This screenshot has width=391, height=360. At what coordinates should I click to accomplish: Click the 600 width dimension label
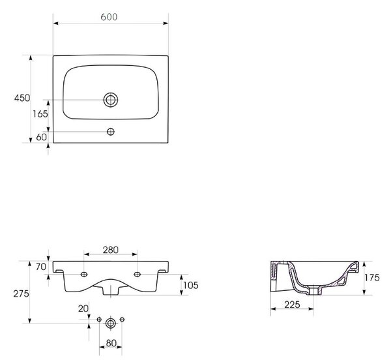(109, 17)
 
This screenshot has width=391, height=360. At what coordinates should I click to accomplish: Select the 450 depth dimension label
(22, 98)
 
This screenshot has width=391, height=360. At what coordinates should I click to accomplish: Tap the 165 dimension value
(40, 114)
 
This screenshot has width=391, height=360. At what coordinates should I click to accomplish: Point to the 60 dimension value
(42, 137)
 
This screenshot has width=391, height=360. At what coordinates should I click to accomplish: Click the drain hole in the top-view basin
(111, 100)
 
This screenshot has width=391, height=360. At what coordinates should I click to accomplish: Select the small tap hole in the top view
(111, 132)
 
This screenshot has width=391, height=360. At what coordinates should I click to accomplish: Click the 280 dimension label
(111, 250)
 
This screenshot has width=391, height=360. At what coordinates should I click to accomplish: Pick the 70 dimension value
(41, 267)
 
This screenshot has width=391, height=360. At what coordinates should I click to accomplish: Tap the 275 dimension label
(22, 294)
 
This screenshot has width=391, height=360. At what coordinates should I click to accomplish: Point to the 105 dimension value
(191, 285)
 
